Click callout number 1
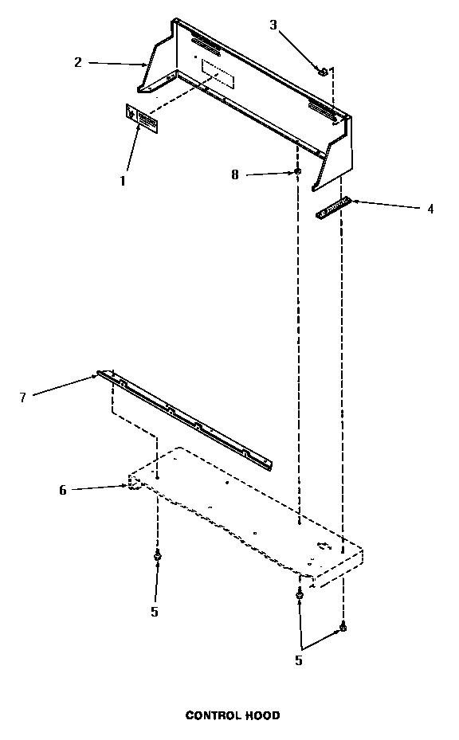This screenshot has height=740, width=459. pyautogui.click(x=123, y=181)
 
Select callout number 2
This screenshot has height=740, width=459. pyautogui.click(x=78, y=62)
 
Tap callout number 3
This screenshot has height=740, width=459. pyautogui.click(x=273, y=25)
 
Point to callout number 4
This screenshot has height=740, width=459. pyautogui.click(x=430, y=209)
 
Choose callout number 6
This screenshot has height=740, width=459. pyautogui.click(x=63, y=490)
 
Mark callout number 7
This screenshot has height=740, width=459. pyautogui.click(x=22, y=397)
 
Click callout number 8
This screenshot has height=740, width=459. pyautogui.click(x=235, y=174)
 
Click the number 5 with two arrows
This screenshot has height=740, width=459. pyautogui.click(x=299, y=660)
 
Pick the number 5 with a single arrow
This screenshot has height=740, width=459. pyautogui.click(x=155, y=612)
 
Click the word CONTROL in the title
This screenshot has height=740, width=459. pyautogui.click(x=211, y=715)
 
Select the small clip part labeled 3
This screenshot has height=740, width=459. pyautogui.click(x=323, y=72)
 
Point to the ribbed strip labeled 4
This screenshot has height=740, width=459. pyautogui.click(x=334, y=208)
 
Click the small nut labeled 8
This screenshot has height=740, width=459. pyautogui.click(x=298, y=171)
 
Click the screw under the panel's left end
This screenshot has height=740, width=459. pyautogui.click(x=157, y=557)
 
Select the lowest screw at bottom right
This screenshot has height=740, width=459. pyautogui.click(x=343, y=627)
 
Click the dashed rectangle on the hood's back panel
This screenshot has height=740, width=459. pyautogui.click(x=218, y=73)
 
